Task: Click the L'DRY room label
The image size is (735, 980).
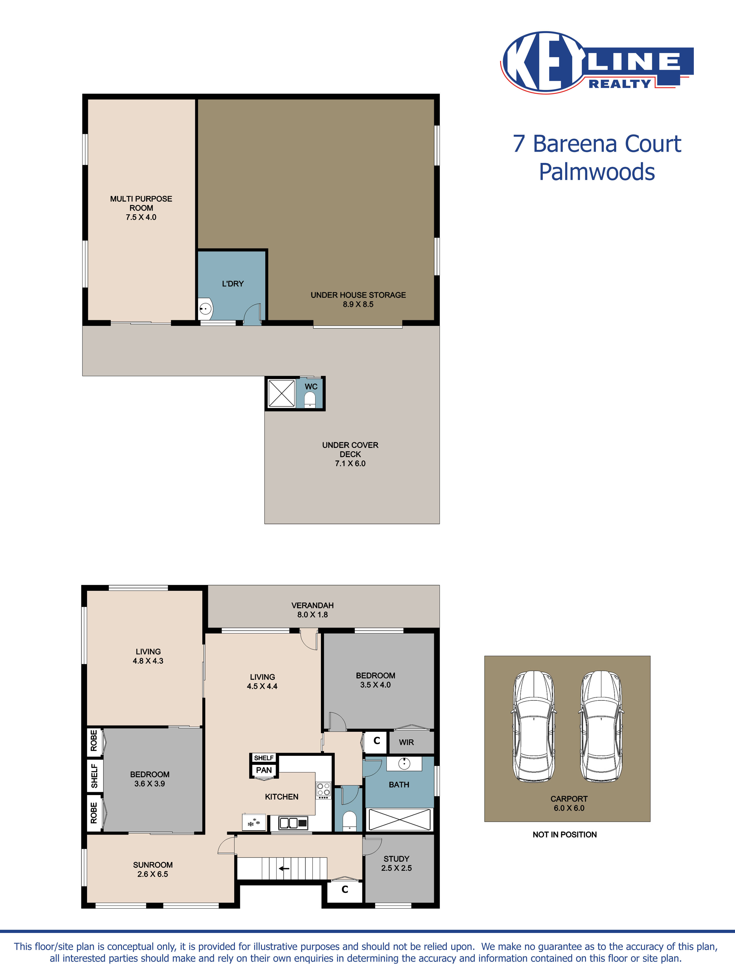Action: (233, 283)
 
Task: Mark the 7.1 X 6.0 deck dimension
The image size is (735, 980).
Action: (350, 464)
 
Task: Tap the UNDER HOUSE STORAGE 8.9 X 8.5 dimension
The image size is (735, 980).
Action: (358, 304)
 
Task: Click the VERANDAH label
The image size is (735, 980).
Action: (312, 605)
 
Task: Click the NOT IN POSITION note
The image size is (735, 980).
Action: (564, 835)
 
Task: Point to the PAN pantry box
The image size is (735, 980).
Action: (264, 770)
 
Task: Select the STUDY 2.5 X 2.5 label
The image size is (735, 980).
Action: (396, 863)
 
